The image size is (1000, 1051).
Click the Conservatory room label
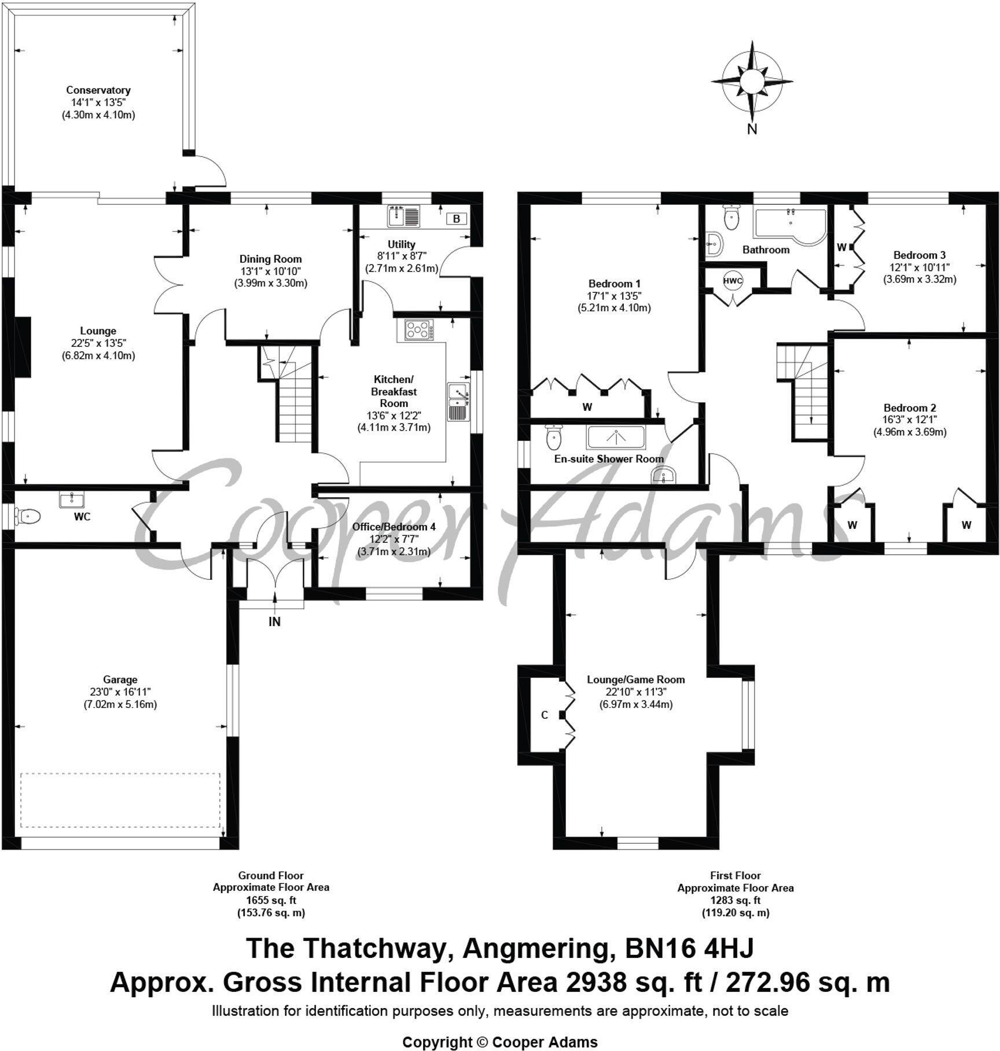tap(98, 90)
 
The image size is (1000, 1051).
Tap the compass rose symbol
tap(752, 82)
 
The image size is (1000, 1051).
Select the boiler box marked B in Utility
tap(456, 219)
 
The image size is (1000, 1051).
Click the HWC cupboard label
tap(733, 281)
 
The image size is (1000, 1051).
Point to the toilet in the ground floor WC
tap(28, 516)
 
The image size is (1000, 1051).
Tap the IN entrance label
tap(274, 622)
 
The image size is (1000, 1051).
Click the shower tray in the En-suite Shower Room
tap(616, 438)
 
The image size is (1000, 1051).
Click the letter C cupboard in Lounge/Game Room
tap(544, 715)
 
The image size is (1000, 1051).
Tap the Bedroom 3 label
tap(919, 255)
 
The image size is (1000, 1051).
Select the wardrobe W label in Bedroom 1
tap(587, 407)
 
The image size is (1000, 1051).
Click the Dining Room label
tap(270, 259)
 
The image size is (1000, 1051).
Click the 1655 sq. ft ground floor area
tap(271, 900)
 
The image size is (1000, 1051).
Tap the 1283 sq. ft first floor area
tap(735, 900)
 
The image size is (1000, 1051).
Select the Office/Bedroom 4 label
tap(394, 527)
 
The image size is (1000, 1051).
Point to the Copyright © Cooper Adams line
tap(500, 1042)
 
